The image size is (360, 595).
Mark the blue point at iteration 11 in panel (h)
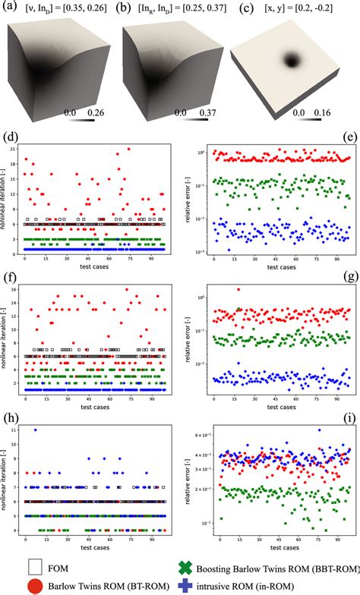(35, 430)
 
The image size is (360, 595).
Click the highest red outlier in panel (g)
(239, 289)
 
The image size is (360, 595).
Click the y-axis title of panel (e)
(198, 199)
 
